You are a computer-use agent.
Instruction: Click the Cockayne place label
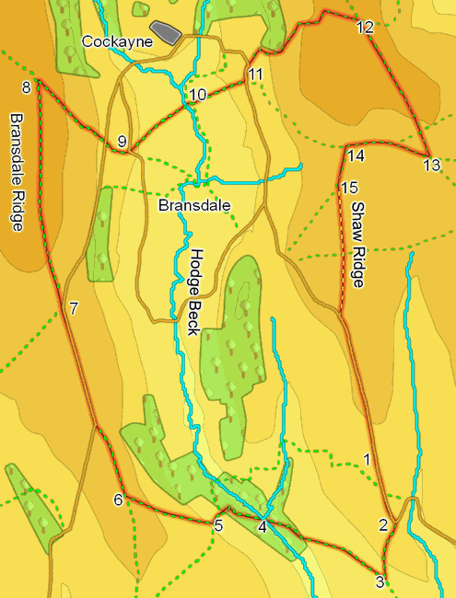click(x=116, y=41)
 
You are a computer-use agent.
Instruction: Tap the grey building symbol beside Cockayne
click(x=167, y=32)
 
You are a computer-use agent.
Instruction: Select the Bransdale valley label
click(x=193, y=205)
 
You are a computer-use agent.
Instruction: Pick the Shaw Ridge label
click(x=358, y=245)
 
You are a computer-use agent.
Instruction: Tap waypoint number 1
click(x=368, y=458)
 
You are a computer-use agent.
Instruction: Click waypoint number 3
click(x=380, y=581)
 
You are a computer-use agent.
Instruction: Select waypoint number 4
click(x=263, y=526)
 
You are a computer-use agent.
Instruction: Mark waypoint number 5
click(x=218, y=526)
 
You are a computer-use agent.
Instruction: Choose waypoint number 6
click(x=118, y=500)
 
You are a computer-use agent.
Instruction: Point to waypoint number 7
click(x=74, y=307)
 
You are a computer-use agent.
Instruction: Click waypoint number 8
click(x=26, y=87)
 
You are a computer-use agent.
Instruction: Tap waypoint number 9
click(x=122, y=141)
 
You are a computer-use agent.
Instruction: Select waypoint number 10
click(x=198, y=95)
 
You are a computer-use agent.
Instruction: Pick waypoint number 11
click(x=255, y=74)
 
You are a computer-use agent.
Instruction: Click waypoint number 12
click(x=365, y=28)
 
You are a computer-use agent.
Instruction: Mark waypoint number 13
click(x=431, y=166)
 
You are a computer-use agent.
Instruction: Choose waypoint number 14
click(x=357, y=155)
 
